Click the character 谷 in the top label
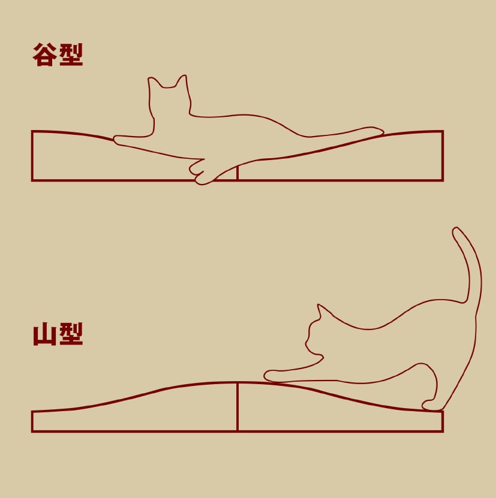coord(44,55)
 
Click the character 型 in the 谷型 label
coord(71,55)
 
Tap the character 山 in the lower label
coord(45,334)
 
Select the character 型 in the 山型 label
coord(71,334)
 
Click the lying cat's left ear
coord(154,82)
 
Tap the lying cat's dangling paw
coord(202,173)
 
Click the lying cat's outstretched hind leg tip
coord(378,131)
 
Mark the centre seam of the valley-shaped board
coord(237,173)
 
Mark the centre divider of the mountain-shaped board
coord(237,407)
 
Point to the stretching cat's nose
coord(306,343)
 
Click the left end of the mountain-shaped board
coord(32,421)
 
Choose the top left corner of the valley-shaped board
coord(32,131)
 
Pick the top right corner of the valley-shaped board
coord(443,131)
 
